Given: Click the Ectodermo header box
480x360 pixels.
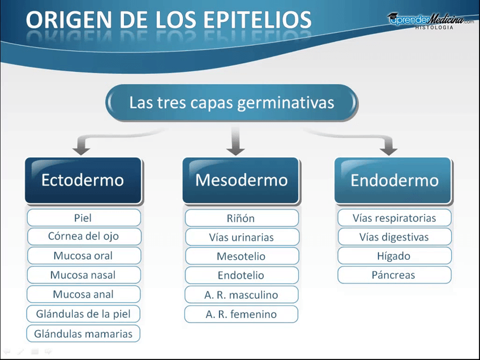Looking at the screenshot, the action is [83, 181].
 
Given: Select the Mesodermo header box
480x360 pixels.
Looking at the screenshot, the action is [241, 181].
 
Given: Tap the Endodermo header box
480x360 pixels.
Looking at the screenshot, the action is [393, 181].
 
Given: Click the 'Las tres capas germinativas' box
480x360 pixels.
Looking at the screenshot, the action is [232, 102].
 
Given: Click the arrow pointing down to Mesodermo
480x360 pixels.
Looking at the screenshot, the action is [235, 141].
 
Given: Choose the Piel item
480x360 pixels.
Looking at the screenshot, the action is [84, 218].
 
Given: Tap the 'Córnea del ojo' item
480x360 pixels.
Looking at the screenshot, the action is [84, 237].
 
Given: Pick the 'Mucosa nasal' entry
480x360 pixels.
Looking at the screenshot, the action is [84, 275].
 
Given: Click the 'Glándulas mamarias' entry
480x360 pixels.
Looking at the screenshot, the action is [83, 333].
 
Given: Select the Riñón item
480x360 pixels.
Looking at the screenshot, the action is [242, 218].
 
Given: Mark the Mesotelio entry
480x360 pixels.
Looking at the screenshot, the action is [242, 256].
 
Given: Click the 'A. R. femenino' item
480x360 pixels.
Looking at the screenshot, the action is [241, 314].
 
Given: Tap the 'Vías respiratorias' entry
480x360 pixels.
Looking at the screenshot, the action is [395, 218].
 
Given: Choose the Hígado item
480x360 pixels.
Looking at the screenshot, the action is [395, 256].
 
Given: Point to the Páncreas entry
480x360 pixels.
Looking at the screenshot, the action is [395, 275].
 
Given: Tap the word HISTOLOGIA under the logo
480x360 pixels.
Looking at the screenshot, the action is [434, 28].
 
